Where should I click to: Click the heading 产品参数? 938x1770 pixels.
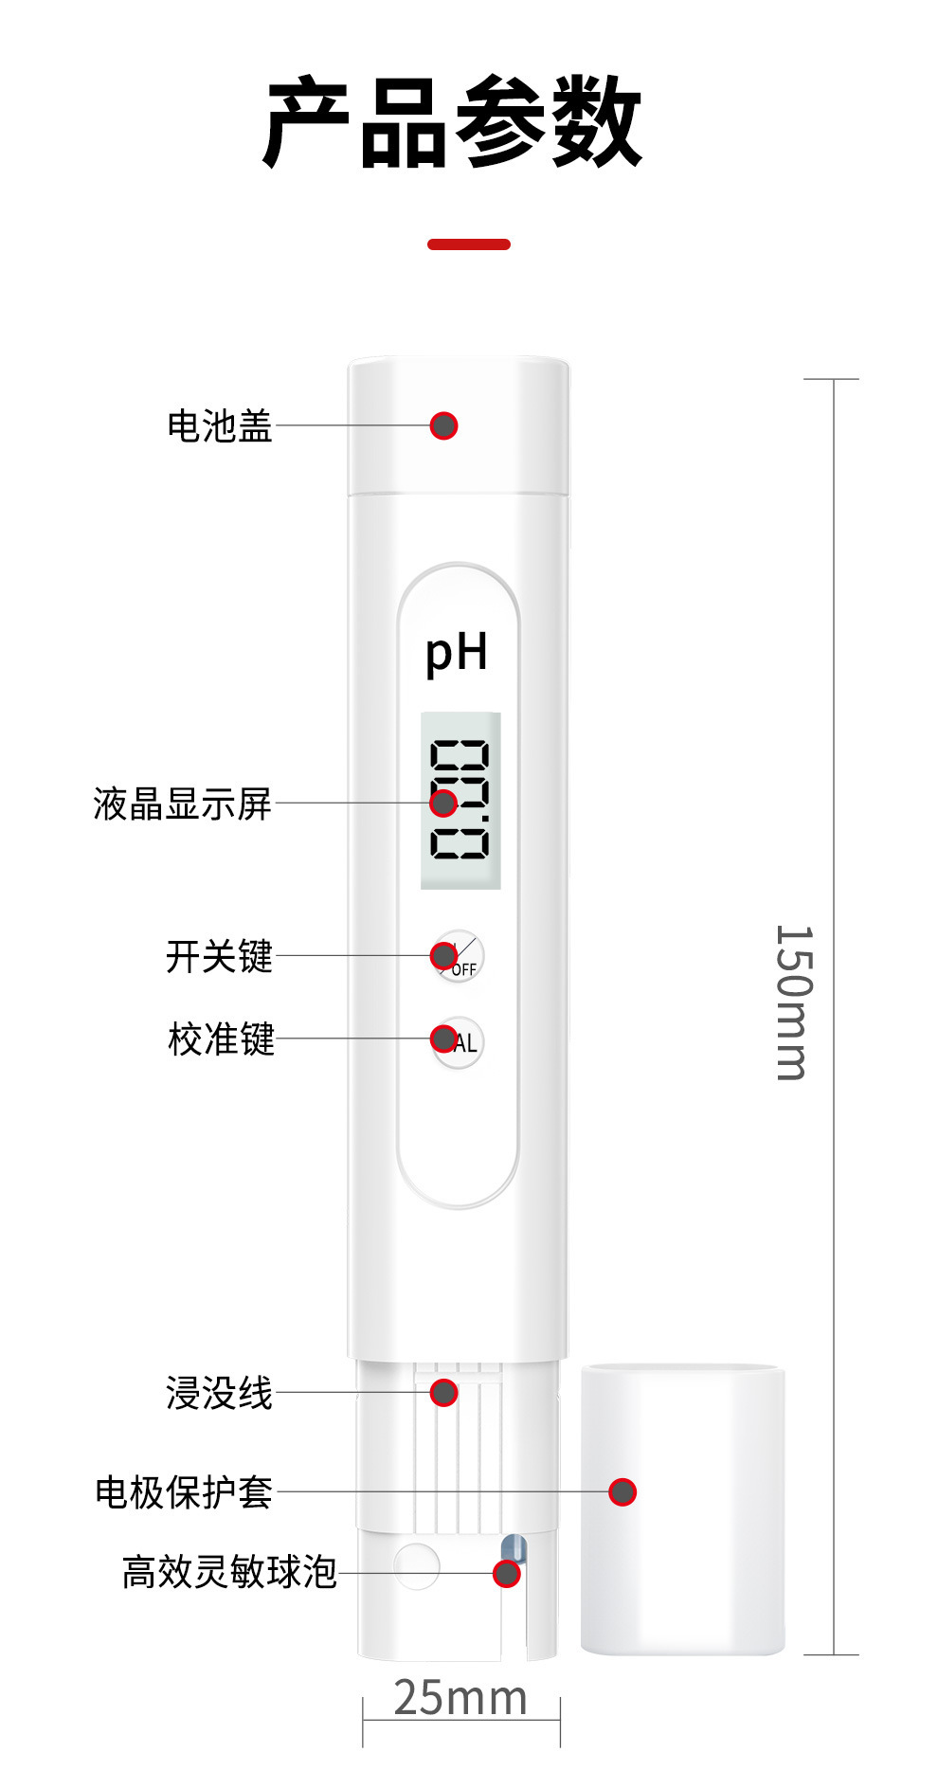click(x=453, y=123)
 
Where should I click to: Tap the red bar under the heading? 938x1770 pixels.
click(x=469, y=244)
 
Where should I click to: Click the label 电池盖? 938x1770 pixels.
click(x=220, y=426)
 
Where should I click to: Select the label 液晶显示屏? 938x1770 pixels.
click(x=182, y=804)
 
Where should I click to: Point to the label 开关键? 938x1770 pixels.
click(x=219, y=956)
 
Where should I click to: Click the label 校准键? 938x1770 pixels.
click(x=221, y=1039)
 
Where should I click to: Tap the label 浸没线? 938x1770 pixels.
click(x=219, y=1394)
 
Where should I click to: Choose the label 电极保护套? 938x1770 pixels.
click(x=184, y=1492)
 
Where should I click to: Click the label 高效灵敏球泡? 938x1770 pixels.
click(x=229, y=1572)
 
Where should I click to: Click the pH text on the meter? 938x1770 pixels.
click(x=457, y=653)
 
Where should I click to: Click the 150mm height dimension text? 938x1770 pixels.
click(x=794, y=1002)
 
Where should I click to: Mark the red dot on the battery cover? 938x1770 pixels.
click(x=443, y=426)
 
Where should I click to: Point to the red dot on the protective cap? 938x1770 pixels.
click(x=622, y=1492)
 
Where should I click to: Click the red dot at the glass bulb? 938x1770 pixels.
click(x=507, y=1574)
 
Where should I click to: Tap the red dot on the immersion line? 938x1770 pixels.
click(x=443, y=1393)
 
